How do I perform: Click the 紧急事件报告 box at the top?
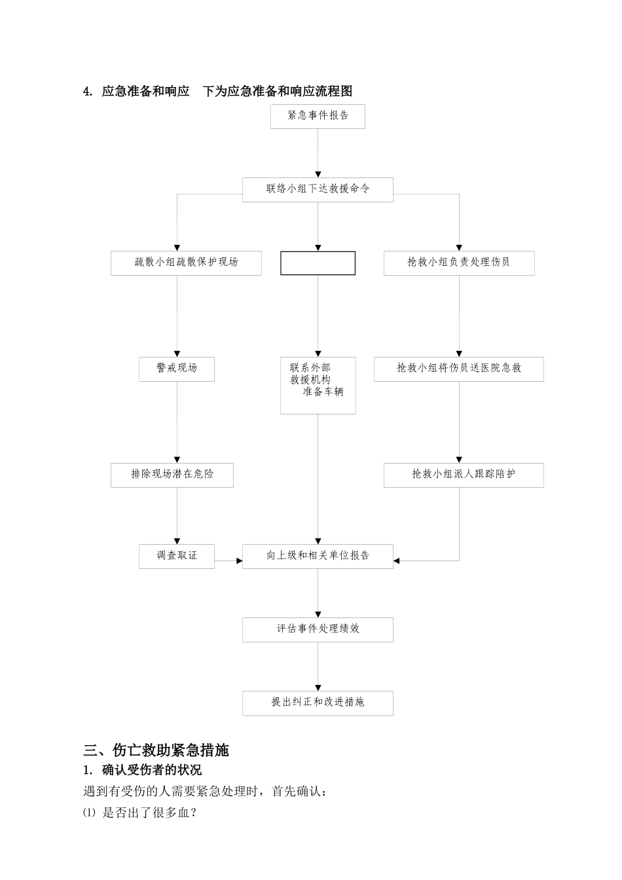318,116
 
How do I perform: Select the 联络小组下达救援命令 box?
318,189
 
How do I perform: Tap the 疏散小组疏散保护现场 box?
186,263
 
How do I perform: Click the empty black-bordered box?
318,263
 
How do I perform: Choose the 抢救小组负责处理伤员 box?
458,263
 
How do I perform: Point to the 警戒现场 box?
177,369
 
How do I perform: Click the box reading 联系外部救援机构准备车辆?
318,385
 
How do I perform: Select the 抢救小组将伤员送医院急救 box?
458,369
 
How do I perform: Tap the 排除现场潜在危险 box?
172,475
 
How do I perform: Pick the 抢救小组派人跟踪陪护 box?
464,475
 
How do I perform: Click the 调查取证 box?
177,556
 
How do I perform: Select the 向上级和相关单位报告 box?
318,556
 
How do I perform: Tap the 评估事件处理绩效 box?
318,629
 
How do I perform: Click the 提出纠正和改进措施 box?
318,703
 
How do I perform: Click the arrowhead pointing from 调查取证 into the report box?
239,561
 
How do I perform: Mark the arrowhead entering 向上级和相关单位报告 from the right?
397,561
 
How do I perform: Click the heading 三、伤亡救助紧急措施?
156,750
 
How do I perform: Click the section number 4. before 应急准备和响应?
88,92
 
